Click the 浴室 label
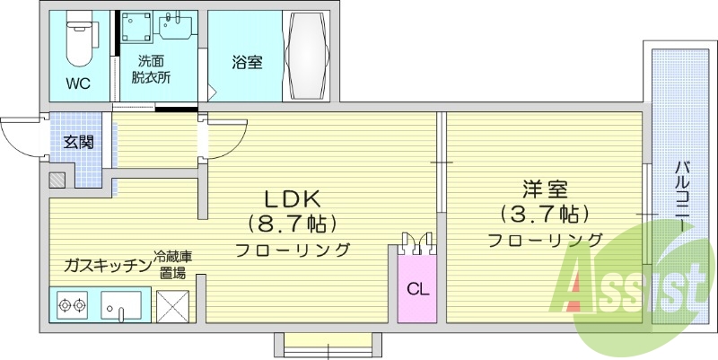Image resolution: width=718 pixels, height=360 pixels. [247, 63]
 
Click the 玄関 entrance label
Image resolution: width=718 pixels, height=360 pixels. [77, 142]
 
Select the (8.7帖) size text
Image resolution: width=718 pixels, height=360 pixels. [292, 222]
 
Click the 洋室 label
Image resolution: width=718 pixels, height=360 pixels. [546, 190]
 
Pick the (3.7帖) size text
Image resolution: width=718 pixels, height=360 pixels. [546, 215]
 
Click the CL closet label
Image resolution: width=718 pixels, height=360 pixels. [416, 289]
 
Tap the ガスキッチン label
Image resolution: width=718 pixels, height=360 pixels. [105, 265]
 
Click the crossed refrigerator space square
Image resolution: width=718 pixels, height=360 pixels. [174, 306]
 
